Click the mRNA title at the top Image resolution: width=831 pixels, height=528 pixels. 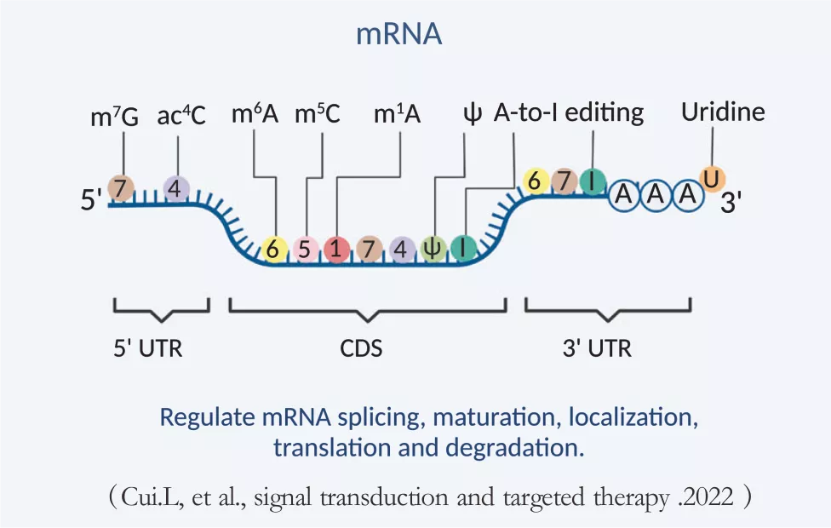click(x=398, y=34)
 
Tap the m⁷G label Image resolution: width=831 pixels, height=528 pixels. click(x=114, y=116)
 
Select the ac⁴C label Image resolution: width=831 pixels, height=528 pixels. click(x=181, y=115)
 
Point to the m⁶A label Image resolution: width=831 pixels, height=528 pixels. click(x=255, y=114)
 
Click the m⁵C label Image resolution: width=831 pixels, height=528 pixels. click(x=318, y=114)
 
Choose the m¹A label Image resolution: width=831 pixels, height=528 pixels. click(x=397, y=114)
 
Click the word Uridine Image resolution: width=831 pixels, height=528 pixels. click(x=723, y=112)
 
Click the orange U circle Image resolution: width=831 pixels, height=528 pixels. click(x=712, y=179)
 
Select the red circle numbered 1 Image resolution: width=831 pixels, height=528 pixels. click(x=336, y=249)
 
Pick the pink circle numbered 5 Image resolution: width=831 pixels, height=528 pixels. click(x=305, y=249)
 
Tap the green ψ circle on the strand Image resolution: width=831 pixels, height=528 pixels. click(x=433, y=249)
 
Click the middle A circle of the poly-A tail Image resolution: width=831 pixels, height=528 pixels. click(x=656, y=194)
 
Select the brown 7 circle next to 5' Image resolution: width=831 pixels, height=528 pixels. click(x=121, y=189)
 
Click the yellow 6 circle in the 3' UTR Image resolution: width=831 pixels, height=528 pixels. click(x=536, y=181)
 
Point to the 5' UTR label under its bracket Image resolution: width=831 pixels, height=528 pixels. click(x=148, y=348)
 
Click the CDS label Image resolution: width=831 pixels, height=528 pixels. click(x=361, y=348)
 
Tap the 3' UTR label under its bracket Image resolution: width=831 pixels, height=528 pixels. click(x=598, y=348)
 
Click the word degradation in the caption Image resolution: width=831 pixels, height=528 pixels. click(x=514, y=448)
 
